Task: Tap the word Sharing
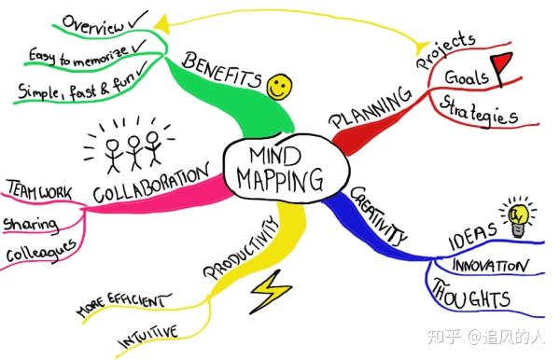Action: (x=31, y=224)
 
